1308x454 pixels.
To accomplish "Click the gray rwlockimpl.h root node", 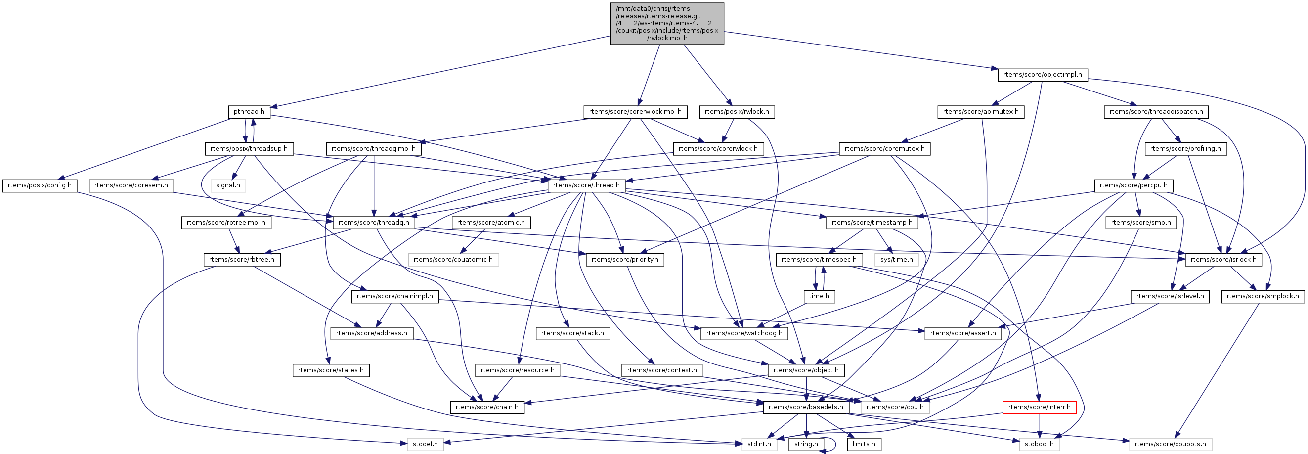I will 667,23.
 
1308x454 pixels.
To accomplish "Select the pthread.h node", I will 249,112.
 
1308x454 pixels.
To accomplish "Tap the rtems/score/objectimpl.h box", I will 1043,75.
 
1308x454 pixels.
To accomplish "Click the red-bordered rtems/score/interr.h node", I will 1039,407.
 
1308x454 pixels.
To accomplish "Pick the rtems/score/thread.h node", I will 586,185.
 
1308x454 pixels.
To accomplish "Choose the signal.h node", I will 228,185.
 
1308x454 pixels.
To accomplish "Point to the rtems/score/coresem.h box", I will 131,185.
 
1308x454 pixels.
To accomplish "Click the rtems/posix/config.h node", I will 40,185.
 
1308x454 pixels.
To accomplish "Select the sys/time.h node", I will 896,260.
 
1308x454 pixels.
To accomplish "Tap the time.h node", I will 819,296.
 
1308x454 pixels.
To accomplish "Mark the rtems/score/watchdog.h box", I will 744,333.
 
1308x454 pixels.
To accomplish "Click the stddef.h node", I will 425,444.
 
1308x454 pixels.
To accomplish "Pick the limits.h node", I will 864,444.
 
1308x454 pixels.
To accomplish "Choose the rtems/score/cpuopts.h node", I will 1170,444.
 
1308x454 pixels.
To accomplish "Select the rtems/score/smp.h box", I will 1140,223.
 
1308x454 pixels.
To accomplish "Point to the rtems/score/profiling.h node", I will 1185,149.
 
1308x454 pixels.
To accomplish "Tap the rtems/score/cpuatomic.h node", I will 453,260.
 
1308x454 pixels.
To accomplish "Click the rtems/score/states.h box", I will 331,370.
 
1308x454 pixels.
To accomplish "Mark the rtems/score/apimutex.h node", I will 980,112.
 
